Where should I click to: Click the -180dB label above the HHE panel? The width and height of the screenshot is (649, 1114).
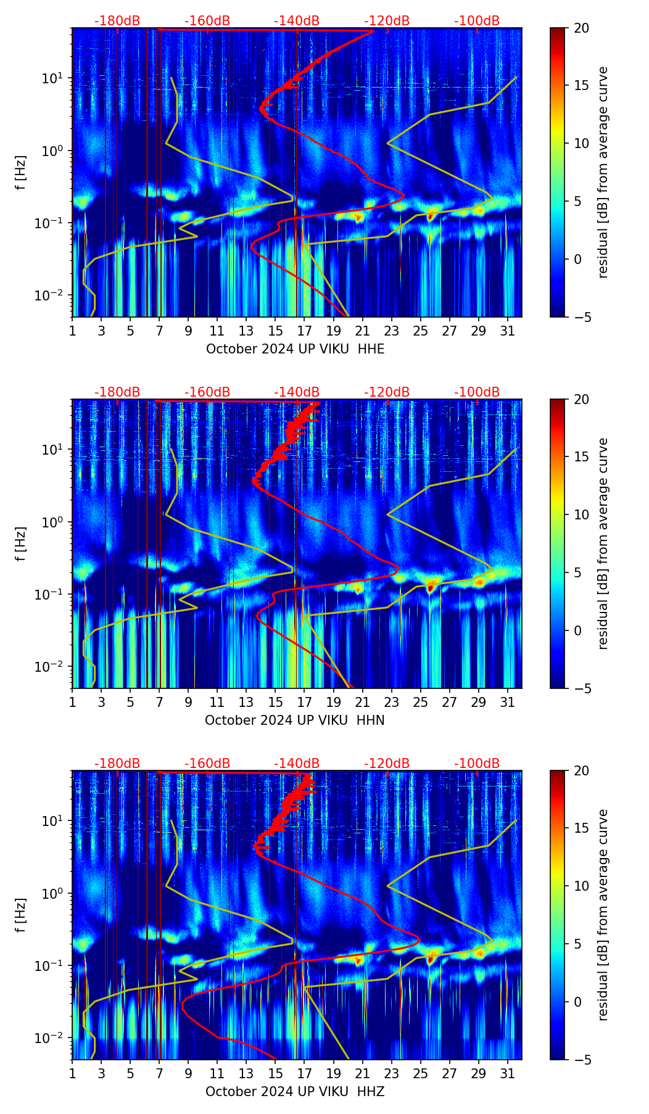click(x=117, y=21)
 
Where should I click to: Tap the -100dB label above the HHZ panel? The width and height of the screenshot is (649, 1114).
click(x=477, y=764)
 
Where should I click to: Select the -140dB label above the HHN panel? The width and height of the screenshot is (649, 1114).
click(x=297, y=392)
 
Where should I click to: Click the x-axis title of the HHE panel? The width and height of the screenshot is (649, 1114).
click(x=295, y=349)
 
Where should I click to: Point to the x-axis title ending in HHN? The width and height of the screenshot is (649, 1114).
click(x=295, y=720)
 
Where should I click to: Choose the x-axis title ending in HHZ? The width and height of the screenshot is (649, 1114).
click(x=295, y=1092)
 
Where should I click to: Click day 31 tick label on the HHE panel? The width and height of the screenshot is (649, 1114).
click(x=508, y=331)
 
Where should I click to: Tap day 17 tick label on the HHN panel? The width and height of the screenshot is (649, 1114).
click(x=305, y=703)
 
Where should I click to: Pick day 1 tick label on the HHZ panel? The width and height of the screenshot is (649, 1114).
click(x=73, y=1074)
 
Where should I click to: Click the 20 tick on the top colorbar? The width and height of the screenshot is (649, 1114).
click(x=582, y=28)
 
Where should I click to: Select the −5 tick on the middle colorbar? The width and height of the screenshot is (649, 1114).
click(x=582, y=688)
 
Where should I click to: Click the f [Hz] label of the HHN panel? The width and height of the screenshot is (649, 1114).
click(x=21, y=543)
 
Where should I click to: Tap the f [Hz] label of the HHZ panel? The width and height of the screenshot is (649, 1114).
click(x=21, y=915)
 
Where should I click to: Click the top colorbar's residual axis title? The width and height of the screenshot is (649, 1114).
click(x=603, y=172)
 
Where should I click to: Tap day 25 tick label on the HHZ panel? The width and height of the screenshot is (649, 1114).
click(x=421, y=1074)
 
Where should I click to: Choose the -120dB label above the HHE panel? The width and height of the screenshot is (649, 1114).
click(x=387, y=21)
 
